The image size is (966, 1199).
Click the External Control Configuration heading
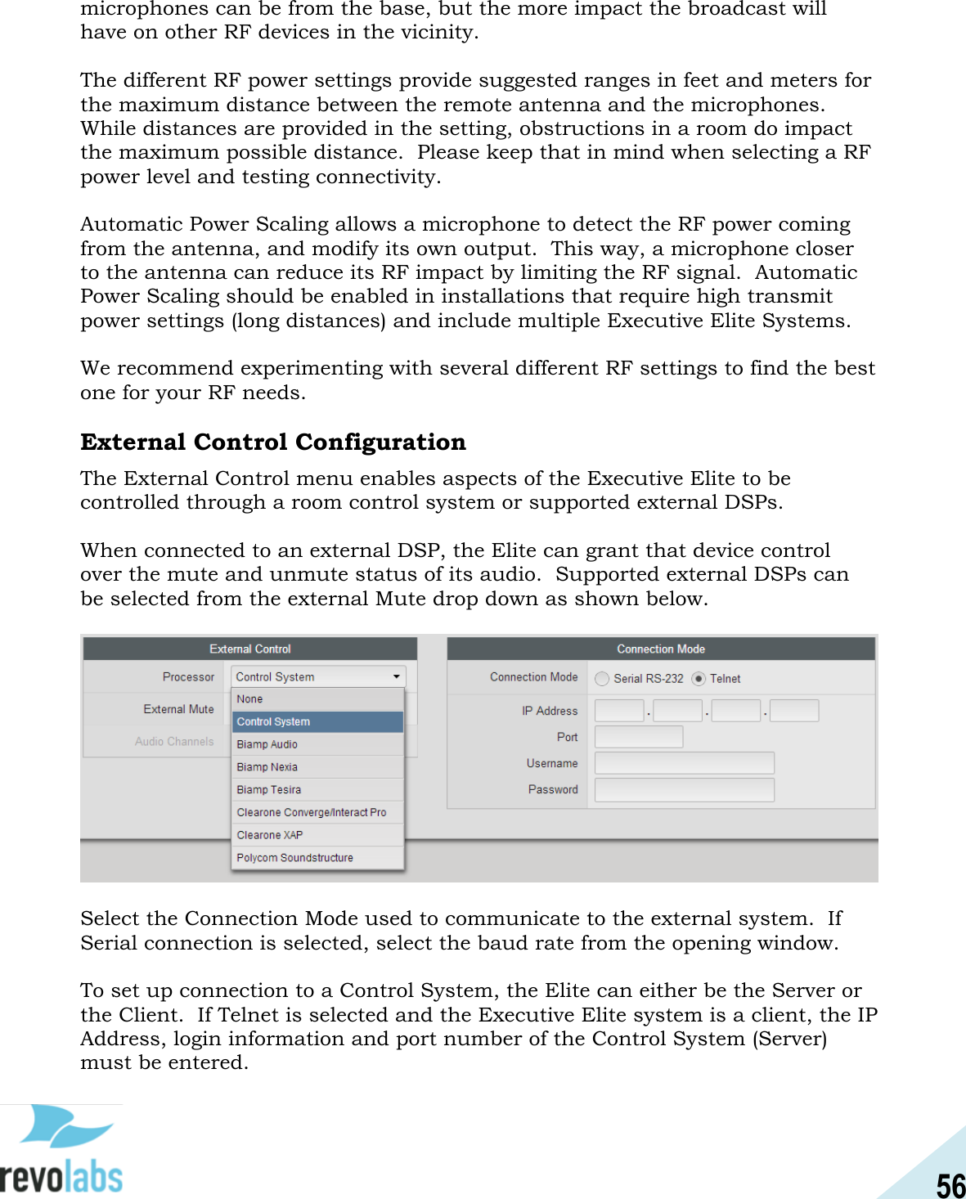[273, 442]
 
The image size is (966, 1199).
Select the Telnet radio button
[699, 679]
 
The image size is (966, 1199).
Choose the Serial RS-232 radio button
[603, 679]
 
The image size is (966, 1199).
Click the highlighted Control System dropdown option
[317, 721]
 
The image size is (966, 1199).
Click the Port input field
[639, 737]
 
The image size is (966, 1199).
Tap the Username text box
[684, 763]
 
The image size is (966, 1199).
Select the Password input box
[684, 790]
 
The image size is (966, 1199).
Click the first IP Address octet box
[619, 711]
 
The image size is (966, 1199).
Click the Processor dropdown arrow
[397, 677]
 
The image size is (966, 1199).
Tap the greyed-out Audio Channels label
[174, 742]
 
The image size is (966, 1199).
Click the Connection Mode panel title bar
[661, 649]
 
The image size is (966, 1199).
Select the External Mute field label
[178, 709]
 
